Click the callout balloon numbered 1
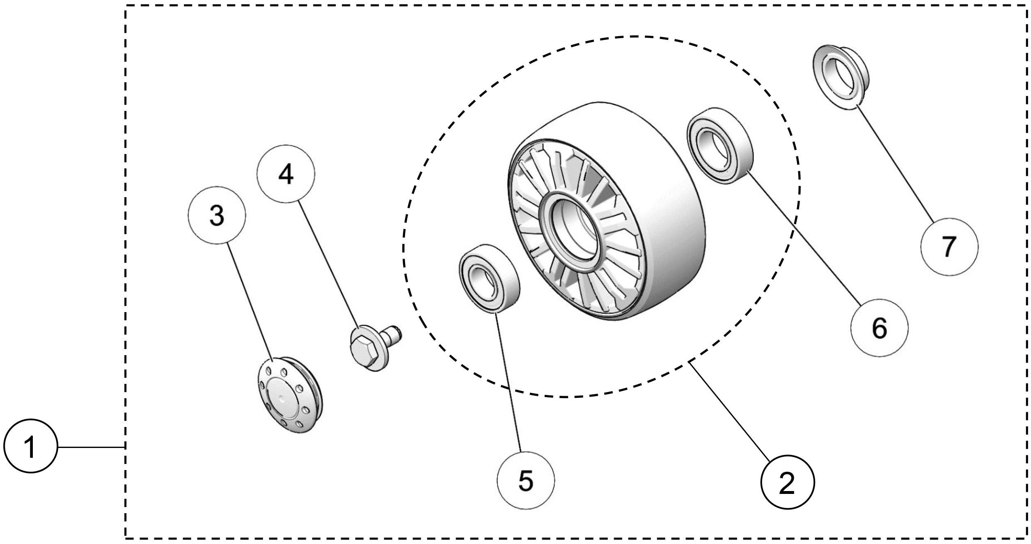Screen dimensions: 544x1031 point(30,446)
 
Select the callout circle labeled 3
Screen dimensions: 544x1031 point(217,215)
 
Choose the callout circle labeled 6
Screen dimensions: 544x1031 point(879,328)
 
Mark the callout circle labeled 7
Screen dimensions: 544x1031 point(949,246)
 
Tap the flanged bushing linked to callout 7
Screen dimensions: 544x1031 point(839,76)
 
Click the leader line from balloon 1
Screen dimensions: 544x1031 point(90,446)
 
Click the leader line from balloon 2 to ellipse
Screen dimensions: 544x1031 point(731,411)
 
